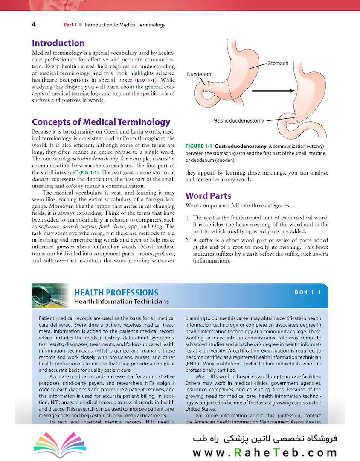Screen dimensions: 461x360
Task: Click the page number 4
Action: point(33,24)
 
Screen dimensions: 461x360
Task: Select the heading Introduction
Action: point(58,43)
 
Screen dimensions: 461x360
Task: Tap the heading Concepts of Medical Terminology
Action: point(101,122)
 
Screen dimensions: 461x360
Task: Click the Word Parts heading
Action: point(208,196)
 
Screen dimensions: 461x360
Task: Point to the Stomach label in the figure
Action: point(278,64)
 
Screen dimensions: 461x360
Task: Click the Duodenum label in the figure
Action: point(200,74)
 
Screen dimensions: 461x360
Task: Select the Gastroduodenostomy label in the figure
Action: point(238,121)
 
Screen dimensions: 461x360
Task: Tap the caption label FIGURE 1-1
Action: point(199,146)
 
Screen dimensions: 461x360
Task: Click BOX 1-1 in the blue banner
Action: point(308,292)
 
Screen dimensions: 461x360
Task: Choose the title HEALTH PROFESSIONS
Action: point(116,292)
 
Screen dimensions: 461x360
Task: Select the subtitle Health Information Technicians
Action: point(122,302)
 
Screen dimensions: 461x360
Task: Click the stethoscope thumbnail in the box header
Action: point(49,296)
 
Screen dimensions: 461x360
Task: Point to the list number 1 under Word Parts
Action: point(188,218)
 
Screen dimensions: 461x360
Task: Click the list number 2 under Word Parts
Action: point(188,240)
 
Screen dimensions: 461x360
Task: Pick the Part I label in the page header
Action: point(70,25)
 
